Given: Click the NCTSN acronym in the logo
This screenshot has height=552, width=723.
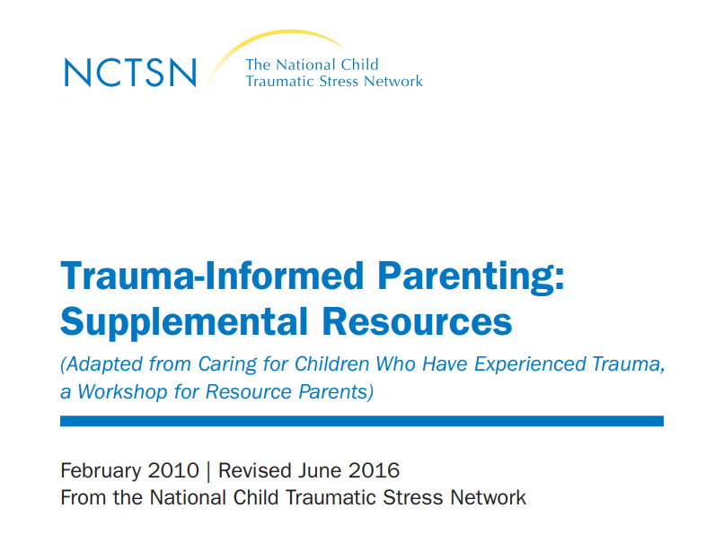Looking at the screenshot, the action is pyautogui.click(x=130, y=73).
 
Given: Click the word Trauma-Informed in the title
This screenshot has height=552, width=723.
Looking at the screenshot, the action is pyautogui.click(x=212, y=276).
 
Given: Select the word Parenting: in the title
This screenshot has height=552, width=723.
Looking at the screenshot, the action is pyautogui.click(x=471, y=277).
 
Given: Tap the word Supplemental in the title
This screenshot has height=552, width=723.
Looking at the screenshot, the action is pyautogui.click(x=184, y=322).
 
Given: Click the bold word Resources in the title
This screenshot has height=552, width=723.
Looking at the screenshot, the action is pyautogui.click(x=417, y=321).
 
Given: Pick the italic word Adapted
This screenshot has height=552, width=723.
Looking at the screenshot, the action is pyautogui.click(x=101, y=364).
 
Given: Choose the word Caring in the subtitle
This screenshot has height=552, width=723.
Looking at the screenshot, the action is pyautogui.click(x=227, y=364).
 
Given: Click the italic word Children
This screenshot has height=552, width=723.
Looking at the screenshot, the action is pyautogui.click(x=332, y=364).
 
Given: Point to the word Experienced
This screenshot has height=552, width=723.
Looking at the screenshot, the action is pyautogui.click(x=530, y=364).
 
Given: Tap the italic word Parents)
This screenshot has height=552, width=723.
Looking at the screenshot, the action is pyautogui.click(x=336, y=392).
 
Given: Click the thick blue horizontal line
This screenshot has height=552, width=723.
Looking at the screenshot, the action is pyautogui.click(x=362, y=421).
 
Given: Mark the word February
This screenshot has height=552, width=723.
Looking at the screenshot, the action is pyautogui.click(x=101, y=471).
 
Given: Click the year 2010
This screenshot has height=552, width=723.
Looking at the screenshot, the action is pyautogui.click(x=173, y=470).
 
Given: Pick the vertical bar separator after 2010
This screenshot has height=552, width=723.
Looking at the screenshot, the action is pyautogui.click(x=208, y=471).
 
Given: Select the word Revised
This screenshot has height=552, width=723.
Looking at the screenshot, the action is pyautogui.click(x=254, y=470).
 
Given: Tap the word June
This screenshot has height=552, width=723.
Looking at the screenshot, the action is pyautogui.click(x=320, y=470).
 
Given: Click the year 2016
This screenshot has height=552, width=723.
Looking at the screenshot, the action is pyautogui.click(x=374, y=470).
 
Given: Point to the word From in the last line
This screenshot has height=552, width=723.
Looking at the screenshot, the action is pyautogui.click(x=84, y=497).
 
